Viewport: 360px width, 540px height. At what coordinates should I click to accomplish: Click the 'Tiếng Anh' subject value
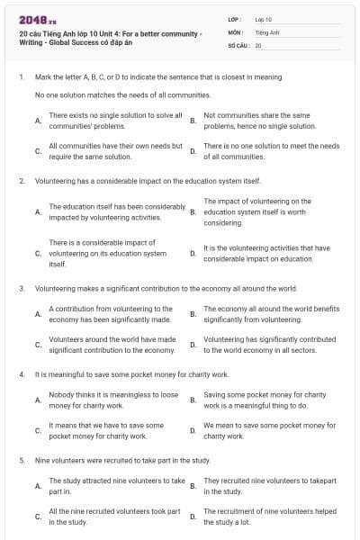pos(264,31)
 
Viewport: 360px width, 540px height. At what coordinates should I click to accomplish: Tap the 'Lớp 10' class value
pos(262,19)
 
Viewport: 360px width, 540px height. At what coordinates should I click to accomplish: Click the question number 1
pos(22,77)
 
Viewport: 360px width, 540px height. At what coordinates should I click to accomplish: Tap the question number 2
pos(22,181)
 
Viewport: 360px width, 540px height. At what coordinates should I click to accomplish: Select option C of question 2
pos(107,253)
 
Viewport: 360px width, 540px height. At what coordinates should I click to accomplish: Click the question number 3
pos(22,289)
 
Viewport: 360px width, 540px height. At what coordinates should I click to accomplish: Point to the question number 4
pos(22,373)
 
